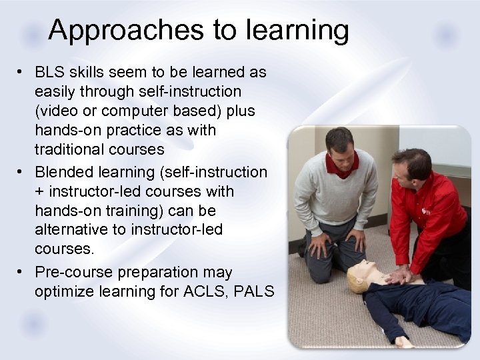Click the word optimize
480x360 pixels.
point(64,291)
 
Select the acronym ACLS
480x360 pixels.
point(209,291)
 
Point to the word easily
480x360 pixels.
point(57,91)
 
